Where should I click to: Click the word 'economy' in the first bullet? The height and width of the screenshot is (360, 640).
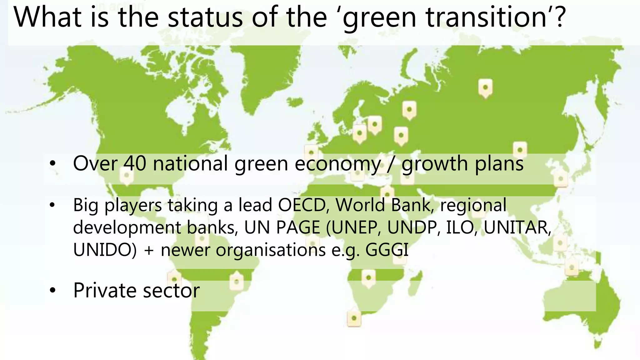tap(337, 164)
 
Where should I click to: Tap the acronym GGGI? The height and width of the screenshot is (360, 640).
tap(387, 250)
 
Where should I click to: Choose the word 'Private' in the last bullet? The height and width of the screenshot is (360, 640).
tap(104, 290)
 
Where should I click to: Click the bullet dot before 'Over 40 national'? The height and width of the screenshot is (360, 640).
tap(52, 164)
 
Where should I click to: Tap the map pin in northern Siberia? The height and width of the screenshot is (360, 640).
tap(485, 88)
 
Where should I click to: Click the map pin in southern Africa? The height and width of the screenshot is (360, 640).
tap(368, 278)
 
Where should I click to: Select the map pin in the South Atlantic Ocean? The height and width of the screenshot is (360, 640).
tap(354, 318)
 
